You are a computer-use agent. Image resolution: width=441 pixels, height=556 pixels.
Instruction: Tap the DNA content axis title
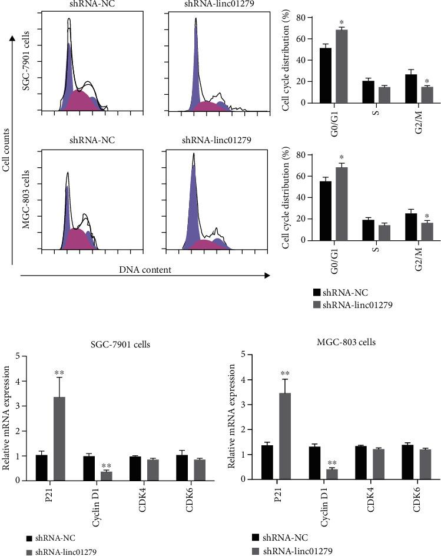[x=145, y=269]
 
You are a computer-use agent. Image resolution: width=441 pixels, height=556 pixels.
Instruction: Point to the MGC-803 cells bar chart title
[x=343, y=342]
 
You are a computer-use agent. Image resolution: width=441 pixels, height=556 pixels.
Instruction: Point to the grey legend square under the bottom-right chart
[x=256, y=550]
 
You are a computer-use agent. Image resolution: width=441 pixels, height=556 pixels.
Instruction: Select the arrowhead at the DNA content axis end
[x=267, y=274]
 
